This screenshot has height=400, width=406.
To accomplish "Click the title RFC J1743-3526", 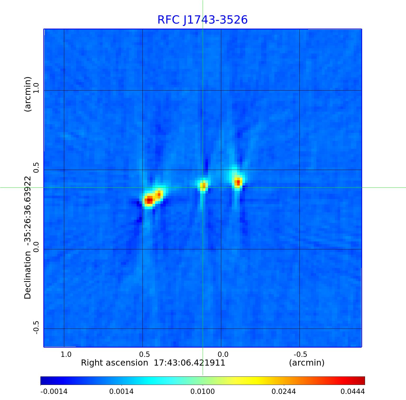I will pos(202,20).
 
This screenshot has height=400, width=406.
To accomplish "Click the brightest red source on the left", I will pos(149,200).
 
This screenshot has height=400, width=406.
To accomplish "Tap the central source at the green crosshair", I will pos(203,185).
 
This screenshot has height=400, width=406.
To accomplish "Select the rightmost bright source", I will pos(238,182).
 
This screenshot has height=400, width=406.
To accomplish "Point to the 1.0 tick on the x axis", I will pos(66,354).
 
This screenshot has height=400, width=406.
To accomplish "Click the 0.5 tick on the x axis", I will pos(144,354).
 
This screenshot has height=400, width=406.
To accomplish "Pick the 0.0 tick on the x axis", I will pos(223,354).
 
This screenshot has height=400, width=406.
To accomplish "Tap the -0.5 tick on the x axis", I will pos(300,354).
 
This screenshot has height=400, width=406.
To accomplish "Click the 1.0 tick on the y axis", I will pos(36,88).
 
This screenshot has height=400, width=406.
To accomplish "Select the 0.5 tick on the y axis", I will pos(36,167).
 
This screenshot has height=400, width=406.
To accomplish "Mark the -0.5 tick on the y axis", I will pos(36,327).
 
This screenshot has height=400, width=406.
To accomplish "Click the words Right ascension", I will pos(114,363).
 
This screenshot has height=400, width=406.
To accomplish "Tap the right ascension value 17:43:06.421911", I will pos(190,363).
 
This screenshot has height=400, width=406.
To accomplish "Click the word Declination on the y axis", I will pos(28,275).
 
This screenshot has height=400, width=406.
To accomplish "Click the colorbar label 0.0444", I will pos(353,392).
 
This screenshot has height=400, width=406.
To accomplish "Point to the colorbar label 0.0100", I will pos(203,392).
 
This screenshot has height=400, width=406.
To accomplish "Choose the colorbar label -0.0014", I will pos(54,392).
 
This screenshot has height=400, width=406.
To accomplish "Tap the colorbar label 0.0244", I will pos(284,392).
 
